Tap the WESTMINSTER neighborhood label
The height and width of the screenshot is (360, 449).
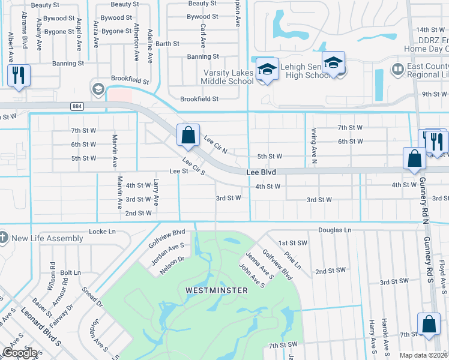click(217, 290)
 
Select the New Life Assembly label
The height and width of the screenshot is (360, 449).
click(47, 238)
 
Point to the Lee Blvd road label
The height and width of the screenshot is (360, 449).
click(261, 172)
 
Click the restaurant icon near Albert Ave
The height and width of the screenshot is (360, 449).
click(17, 75)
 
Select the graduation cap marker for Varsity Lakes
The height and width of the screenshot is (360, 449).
click(267, 69)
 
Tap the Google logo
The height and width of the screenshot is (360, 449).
click(20, 353)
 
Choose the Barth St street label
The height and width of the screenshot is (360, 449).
click(167, 44)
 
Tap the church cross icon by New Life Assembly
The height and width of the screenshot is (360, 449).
click(4, 237)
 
